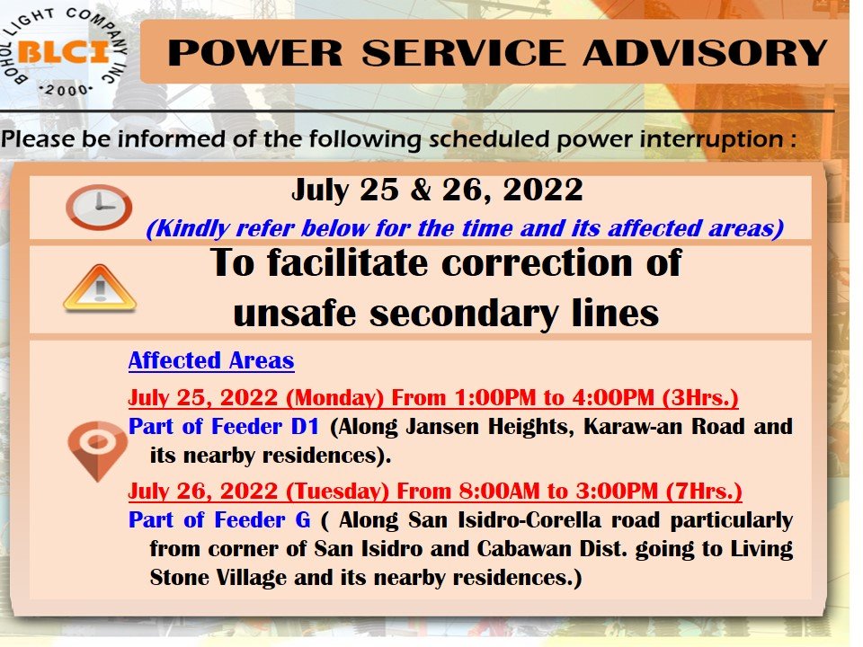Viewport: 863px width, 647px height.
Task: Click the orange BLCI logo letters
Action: pyautogui.click(x=63, y=52)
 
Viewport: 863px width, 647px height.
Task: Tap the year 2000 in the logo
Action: pyautogui.click(x=66, y=90)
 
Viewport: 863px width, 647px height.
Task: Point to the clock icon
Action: pyautogui.click(x=99, y=208)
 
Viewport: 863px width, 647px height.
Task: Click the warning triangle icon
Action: pyautogui.click(x=100, y=288)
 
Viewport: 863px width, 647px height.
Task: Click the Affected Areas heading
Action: pyautogui.click(x=211, y=361)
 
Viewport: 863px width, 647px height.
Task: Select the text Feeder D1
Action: pyautogui.click(x=265, y=426)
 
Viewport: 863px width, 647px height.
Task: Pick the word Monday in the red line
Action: pyautogui.click(x=334, y=397)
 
